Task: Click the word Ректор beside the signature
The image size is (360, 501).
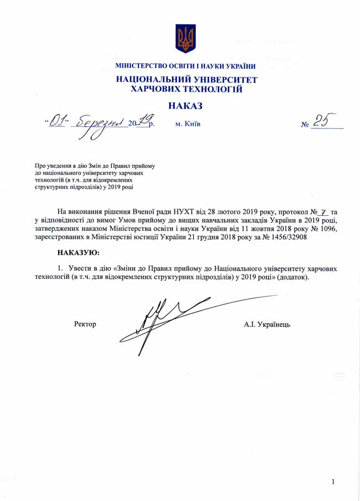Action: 85,324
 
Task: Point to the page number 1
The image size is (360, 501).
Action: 333,482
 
